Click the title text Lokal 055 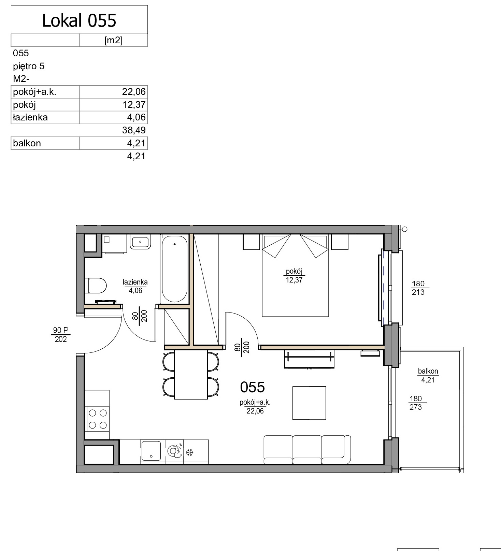click(x=79, y=20)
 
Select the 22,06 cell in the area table click(x=134, y=92)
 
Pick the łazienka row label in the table click(x=30, y=117)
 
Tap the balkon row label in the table click(x=27, y=143)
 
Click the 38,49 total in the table click(x=134, y=130)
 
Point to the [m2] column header click(x=113, y=40)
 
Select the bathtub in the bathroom click(x=174, y=269)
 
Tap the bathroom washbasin click(x=140, y=242)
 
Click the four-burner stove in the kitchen click(x=98, y=419)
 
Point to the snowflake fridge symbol click(x=190, y=453)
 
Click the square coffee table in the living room click(x=309, y=403)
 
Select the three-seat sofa click(x=307, y=450)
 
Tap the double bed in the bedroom click(x=295, y=275)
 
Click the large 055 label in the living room click(x=253, y=387)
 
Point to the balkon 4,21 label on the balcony click(x=428, y=375)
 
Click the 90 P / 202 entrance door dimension click(x=61, y=335)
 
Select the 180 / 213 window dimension click(x=418, y=288)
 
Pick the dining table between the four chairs click(x=191, y=374)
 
